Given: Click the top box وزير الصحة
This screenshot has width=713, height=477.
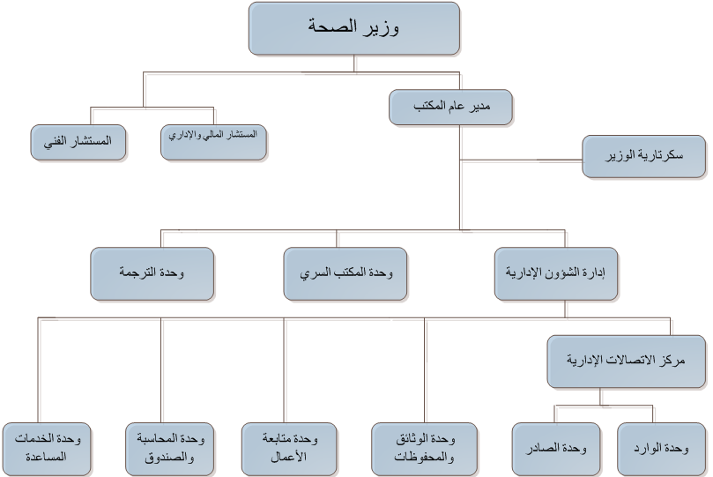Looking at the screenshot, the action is click(354, 28).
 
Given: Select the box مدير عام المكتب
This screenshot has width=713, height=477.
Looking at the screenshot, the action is click(450, 108).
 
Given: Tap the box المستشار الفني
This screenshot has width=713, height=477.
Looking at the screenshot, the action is click(78, 142).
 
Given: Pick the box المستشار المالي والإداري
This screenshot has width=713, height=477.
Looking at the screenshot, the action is click(213, 142).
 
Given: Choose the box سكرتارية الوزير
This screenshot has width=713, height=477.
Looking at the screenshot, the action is click(644, 156).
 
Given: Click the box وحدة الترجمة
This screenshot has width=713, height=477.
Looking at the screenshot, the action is click(152, 273).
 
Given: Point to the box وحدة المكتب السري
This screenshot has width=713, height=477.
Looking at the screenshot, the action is click(345, 273).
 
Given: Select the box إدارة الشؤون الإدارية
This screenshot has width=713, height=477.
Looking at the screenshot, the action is click(555, 273).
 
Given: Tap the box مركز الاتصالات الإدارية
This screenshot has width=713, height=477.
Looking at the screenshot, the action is click(626, 361).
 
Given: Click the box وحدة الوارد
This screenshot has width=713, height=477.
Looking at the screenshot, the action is click(662, 450).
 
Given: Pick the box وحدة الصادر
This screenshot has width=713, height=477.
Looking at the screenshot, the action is click(556, 450).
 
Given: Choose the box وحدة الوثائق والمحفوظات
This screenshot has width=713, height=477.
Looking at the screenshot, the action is click(424, 450).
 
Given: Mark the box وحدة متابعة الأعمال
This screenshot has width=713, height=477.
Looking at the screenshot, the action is click(289, 450).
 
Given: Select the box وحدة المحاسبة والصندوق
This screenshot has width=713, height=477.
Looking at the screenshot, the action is click(169, 450).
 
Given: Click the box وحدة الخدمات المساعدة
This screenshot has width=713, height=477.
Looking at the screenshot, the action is click(47, 450).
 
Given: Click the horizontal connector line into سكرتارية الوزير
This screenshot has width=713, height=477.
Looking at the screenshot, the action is click(521, 160).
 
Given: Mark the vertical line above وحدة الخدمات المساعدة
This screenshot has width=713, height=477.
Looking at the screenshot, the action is click(38, 370).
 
